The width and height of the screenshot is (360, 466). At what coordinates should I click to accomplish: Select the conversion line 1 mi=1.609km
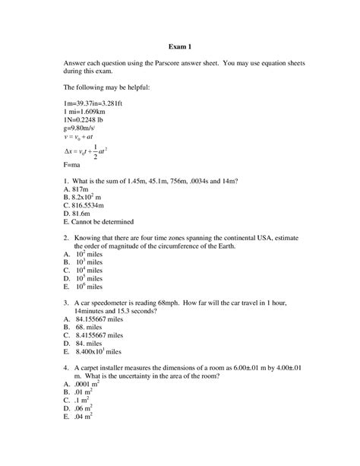coord(85,111)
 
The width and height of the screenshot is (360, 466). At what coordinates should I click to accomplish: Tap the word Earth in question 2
coord(236,246)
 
